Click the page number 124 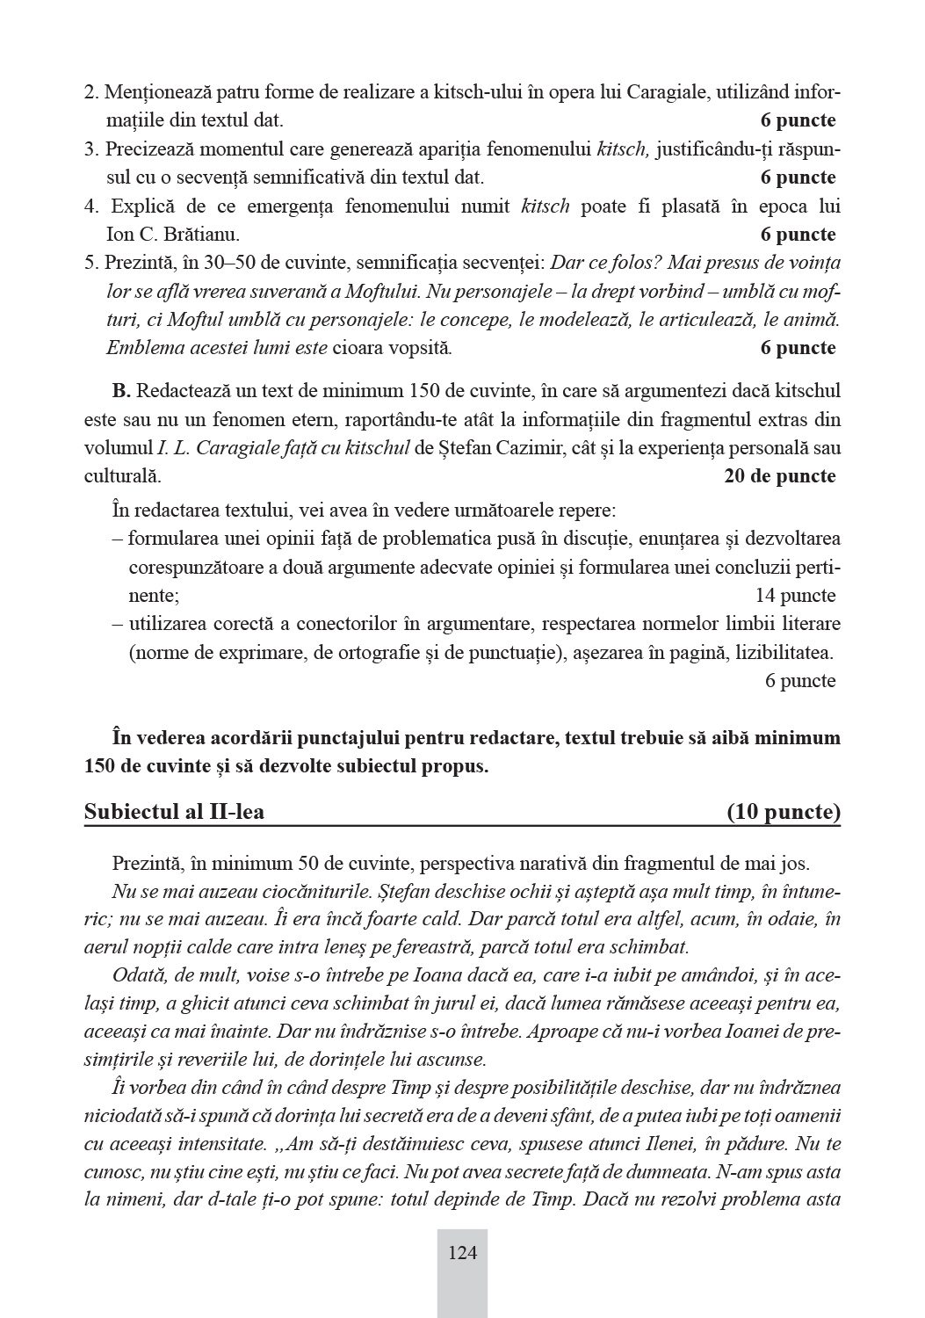pyautogui.click(x=462, y=1252)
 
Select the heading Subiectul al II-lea pyautogui.click(x=174, y=812)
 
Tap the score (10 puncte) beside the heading pyautogui.click(x=784, y=812)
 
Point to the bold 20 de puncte pyautogui.click(x=780, y=476)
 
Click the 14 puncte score pyautogui.click(x=796, y=596)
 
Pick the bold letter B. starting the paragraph pyautogui.click(x=121, y=390)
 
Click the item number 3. pyautogui.click(x=90, y=149)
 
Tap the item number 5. pyautogui.click(x=90, y=263)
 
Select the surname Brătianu pyautogui.click(x=201, y=235)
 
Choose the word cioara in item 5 pyautogui.click(x=358, y=348)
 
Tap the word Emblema pyautogui.click(x=141, y=348)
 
